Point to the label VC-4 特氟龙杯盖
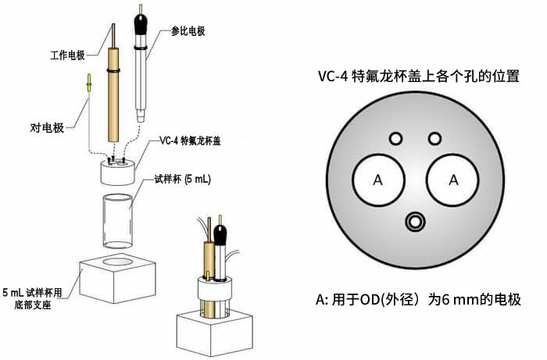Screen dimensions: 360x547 pos(191,141)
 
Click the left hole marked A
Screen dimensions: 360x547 pos(378,180)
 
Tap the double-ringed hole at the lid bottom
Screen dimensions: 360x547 pos(414,222)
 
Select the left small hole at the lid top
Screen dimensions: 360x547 pos(395,138)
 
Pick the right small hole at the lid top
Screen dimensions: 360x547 pos(434,138)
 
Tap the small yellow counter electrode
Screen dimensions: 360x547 pos(89,83)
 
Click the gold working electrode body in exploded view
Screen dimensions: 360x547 pos(114,102)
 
